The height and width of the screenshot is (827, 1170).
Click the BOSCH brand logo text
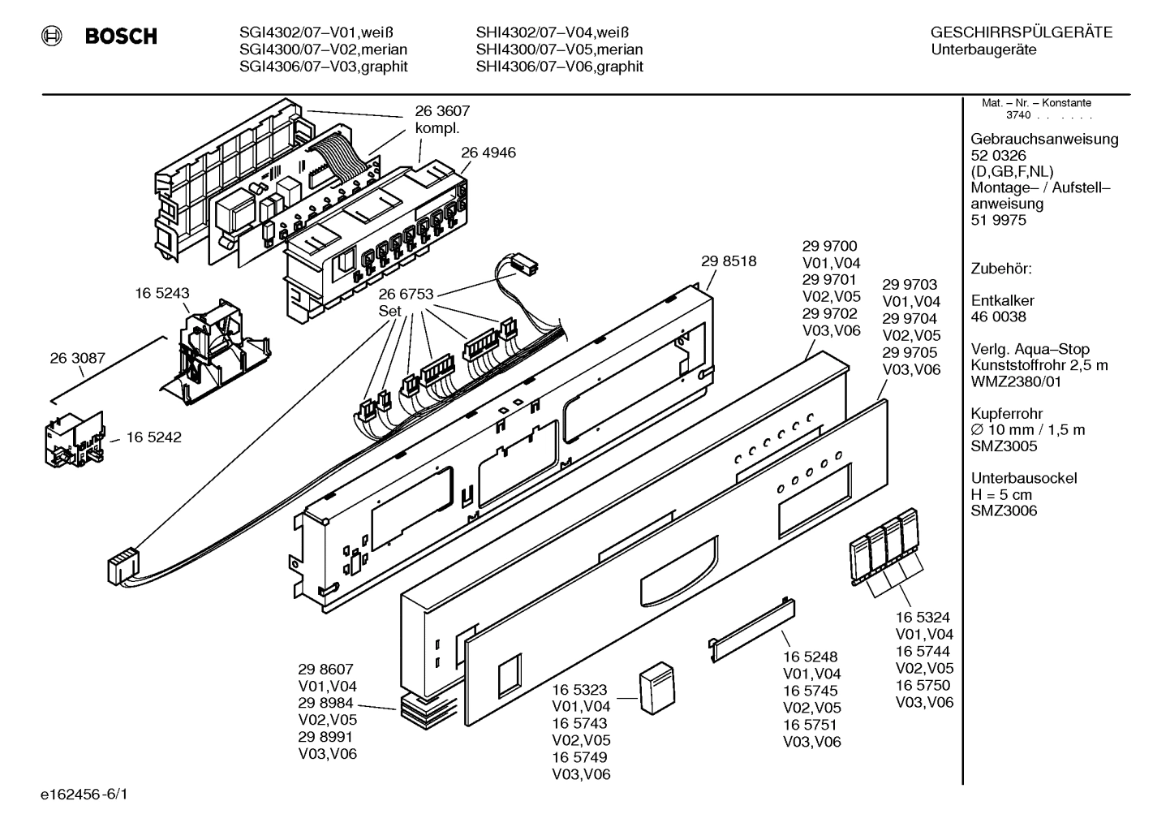coord(120,37)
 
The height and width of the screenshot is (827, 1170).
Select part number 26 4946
coord(488,153)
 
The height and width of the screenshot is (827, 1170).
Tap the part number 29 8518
coord(728,261)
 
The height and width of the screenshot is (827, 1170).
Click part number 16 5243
coord(162,294)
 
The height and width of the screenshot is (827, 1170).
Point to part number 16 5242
coord(153,437)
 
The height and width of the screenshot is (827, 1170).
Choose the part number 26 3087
coord(78,358)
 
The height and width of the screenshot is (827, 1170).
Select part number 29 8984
coord(325,703)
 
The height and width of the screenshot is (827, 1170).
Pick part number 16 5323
coord(579,690)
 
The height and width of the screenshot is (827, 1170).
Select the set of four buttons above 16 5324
coord(884,545)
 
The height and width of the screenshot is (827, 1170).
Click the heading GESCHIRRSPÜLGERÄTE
coord(1021,33)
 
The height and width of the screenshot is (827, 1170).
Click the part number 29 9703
coord(910,285)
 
